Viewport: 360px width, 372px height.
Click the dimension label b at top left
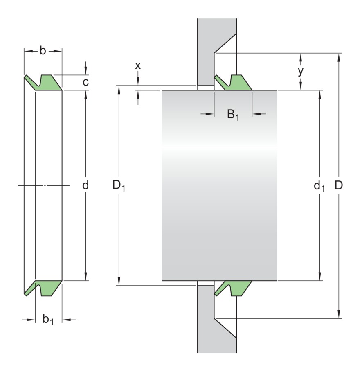click(43, 51)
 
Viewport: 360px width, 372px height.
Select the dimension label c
click(85, 82)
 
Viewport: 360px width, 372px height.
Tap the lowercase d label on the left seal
click(85, 185)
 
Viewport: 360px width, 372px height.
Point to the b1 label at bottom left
click(48, 320)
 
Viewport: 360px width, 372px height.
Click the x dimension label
click(138, 65)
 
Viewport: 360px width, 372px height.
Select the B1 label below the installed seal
click(233, 115)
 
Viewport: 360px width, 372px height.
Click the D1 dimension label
click(119, 186)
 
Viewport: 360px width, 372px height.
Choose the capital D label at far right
click(339, 185)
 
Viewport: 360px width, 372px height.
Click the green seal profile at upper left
click(45, 82)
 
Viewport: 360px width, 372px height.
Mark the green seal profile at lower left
click(45, 287)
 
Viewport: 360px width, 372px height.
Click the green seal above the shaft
click(235, 83)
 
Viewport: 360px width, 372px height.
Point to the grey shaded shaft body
click(219, 185)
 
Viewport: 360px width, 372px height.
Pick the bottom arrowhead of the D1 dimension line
click(119, 282)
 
